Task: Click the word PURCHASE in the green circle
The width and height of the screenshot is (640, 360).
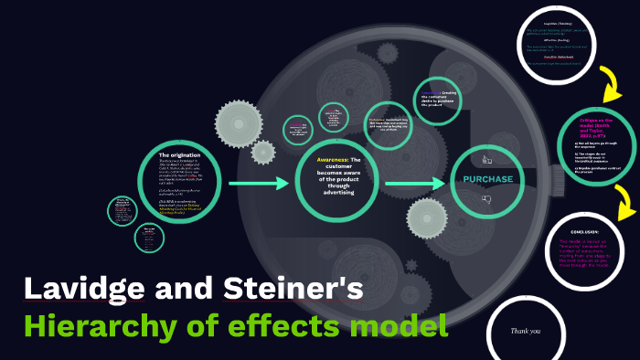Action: [486, 179]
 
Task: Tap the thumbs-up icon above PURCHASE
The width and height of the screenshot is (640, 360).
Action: [486, 159]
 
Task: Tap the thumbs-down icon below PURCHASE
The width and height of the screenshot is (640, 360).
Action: [486, 199]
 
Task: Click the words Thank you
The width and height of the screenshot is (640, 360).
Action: [526, 331]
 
